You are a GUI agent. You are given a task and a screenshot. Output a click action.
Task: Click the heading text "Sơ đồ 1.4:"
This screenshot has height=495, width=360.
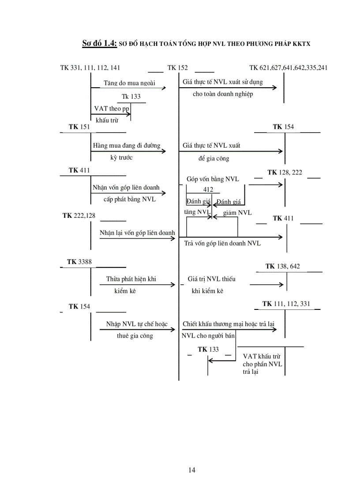99,43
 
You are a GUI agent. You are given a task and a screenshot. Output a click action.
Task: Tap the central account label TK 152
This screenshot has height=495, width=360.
178,68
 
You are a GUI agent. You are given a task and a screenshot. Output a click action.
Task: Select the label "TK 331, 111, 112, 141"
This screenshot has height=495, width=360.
90,68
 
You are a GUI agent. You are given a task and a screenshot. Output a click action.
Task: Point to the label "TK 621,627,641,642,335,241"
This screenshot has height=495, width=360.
288,68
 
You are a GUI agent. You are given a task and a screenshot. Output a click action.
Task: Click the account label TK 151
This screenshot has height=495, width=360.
79,127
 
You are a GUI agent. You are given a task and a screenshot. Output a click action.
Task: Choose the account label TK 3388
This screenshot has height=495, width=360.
79,262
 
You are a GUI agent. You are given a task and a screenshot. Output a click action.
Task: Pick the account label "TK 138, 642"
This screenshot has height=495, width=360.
282,266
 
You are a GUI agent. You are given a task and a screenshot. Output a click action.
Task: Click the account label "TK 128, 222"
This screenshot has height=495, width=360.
285,172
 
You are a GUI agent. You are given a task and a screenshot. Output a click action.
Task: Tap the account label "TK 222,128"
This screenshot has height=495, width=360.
79,216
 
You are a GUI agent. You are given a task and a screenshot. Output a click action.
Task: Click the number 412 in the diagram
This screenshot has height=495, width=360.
208,190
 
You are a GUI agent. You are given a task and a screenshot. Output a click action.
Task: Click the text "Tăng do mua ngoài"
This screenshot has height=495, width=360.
130,83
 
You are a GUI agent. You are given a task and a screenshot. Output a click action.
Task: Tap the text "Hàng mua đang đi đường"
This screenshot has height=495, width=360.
127,145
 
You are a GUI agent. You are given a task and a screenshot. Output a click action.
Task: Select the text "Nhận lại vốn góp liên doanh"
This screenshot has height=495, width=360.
137,233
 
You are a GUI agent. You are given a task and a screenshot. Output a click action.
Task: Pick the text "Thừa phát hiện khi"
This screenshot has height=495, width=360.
131,279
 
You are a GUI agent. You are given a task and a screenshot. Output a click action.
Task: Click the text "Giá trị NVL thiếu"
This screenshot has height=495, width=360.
211,279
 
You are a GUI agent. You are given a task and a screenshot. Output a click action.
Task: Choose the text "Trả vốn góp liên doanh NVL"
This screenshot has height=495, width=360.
222,243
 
